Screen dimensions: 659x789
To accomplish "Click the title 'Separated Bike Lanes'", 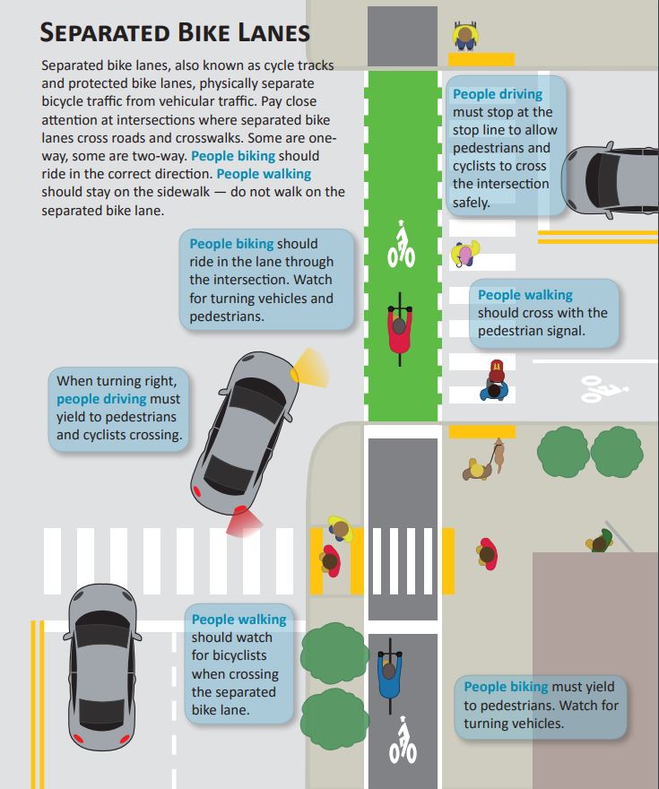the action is tap(175, 32).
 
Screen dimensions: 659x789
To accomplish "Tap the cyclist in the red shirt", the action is tap(399, 329).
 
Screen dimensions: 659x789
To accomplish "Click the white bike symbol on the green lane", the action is tap(401, 244).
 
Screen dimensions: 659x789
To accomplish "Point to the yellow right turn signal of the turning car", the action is tap(309, 368).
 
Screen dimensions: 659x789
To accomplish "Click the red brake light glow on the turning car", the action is tap(244, 523).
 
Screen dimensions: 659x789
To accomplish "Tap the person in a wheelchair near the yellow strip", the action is tap(464, 36).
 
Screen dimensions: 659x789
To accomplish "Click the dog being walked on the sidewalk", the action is tap(498, 455).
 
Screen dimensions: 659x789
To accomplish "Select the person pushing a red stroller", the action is tap(495, 381).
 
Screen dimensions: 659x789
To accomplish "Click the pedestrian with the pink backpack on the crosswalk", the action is tap(464, 253).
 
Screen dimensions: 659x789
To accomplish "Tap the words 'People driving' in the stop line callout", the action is tap(498, 94).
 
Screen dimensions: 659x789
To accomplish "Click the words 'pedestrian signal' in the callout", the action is tap(531, 331).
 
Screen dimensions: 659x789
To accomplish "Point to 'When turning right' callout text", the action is tap(117, 381).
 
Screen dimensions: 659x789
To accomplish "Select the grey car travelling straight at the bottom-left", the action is tap(102, 667).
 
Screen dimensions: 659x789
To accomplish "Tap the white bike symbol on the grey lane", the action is tap(403, 740).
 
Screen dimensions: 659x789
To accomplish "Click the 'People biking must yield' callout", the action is tap(541, 705).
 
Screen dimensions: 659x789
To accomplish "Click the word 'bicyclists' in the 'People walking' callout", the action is tap(229, 655).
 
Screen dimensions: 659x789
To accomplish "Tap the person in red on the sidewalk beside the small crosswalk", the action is tap(487, 553).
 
